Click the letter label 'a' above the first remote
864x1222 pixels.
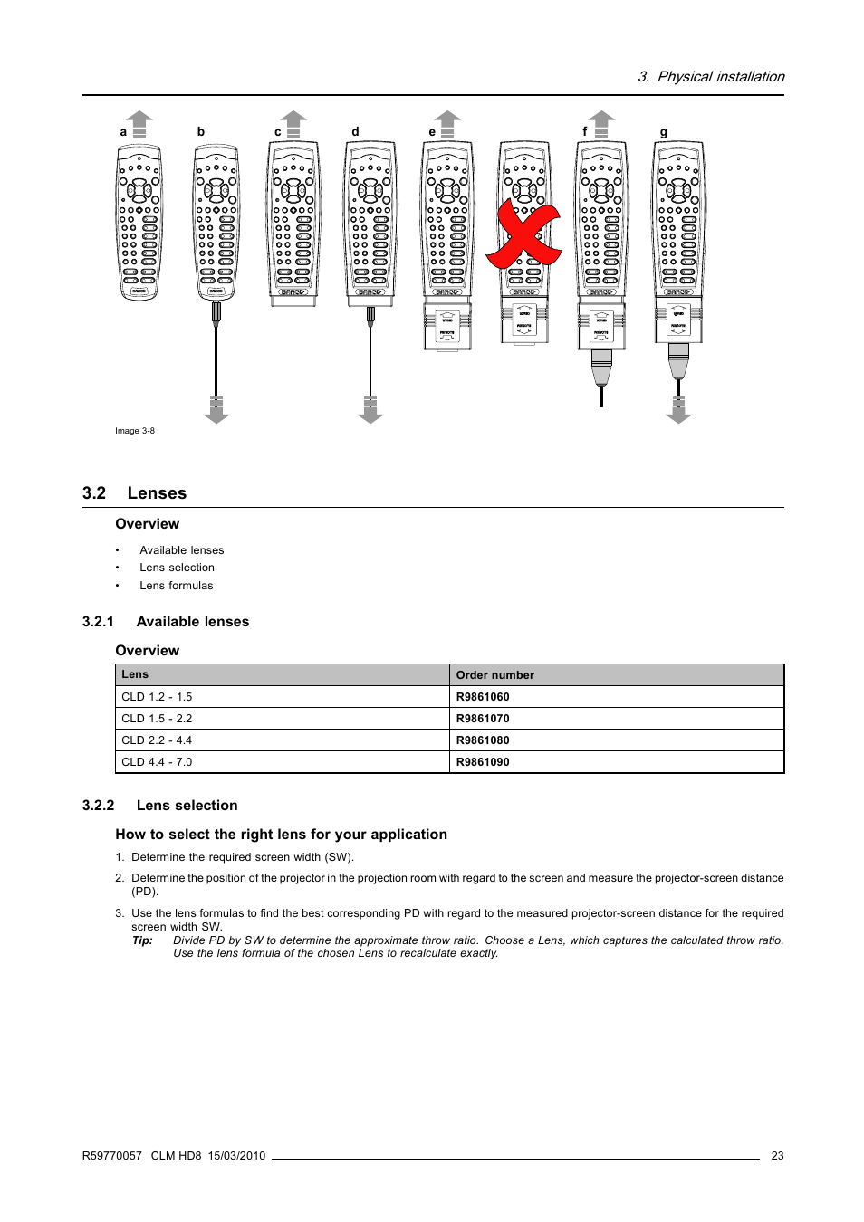(123, 132)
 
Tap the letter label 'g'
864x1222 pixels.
(664, 132)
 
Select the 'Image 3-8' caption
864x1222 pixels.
(135, 431)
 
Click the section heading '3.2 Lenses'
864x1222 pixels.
(134, 493)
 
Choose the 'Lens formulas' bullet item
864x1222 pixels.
(177, 586)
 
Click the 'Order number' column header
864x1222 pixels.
(495, 675)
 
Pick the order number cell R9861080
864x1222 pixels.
(483, 740)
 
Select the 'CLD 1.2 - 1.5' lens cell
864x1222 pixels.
(158, 697)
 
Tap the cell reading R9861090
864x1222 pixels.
(483, 762)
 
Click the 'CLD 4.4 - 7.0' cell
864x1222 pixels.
(158, 762)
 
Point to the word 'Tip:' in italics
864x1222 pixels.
(142, 940)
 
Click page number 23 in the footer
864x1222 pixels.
(777, 1156)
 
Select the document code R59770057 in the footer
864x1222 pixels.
(112, 1156)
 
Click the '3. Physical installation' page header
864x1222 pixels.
(711, 77)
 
